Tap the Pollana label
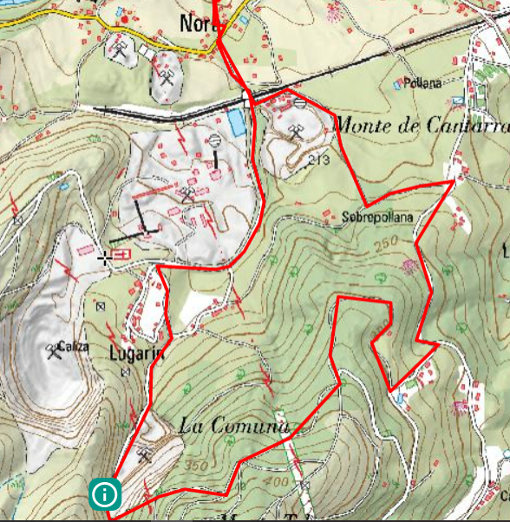(x=424, y=82)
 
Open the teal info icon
(x=105, y=494)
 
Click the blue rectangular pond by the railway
(x=236, y=122)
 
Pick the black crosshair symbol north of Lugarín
(x=106, y=258)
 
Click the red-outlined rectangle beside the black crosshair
(x=121, y=254)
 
